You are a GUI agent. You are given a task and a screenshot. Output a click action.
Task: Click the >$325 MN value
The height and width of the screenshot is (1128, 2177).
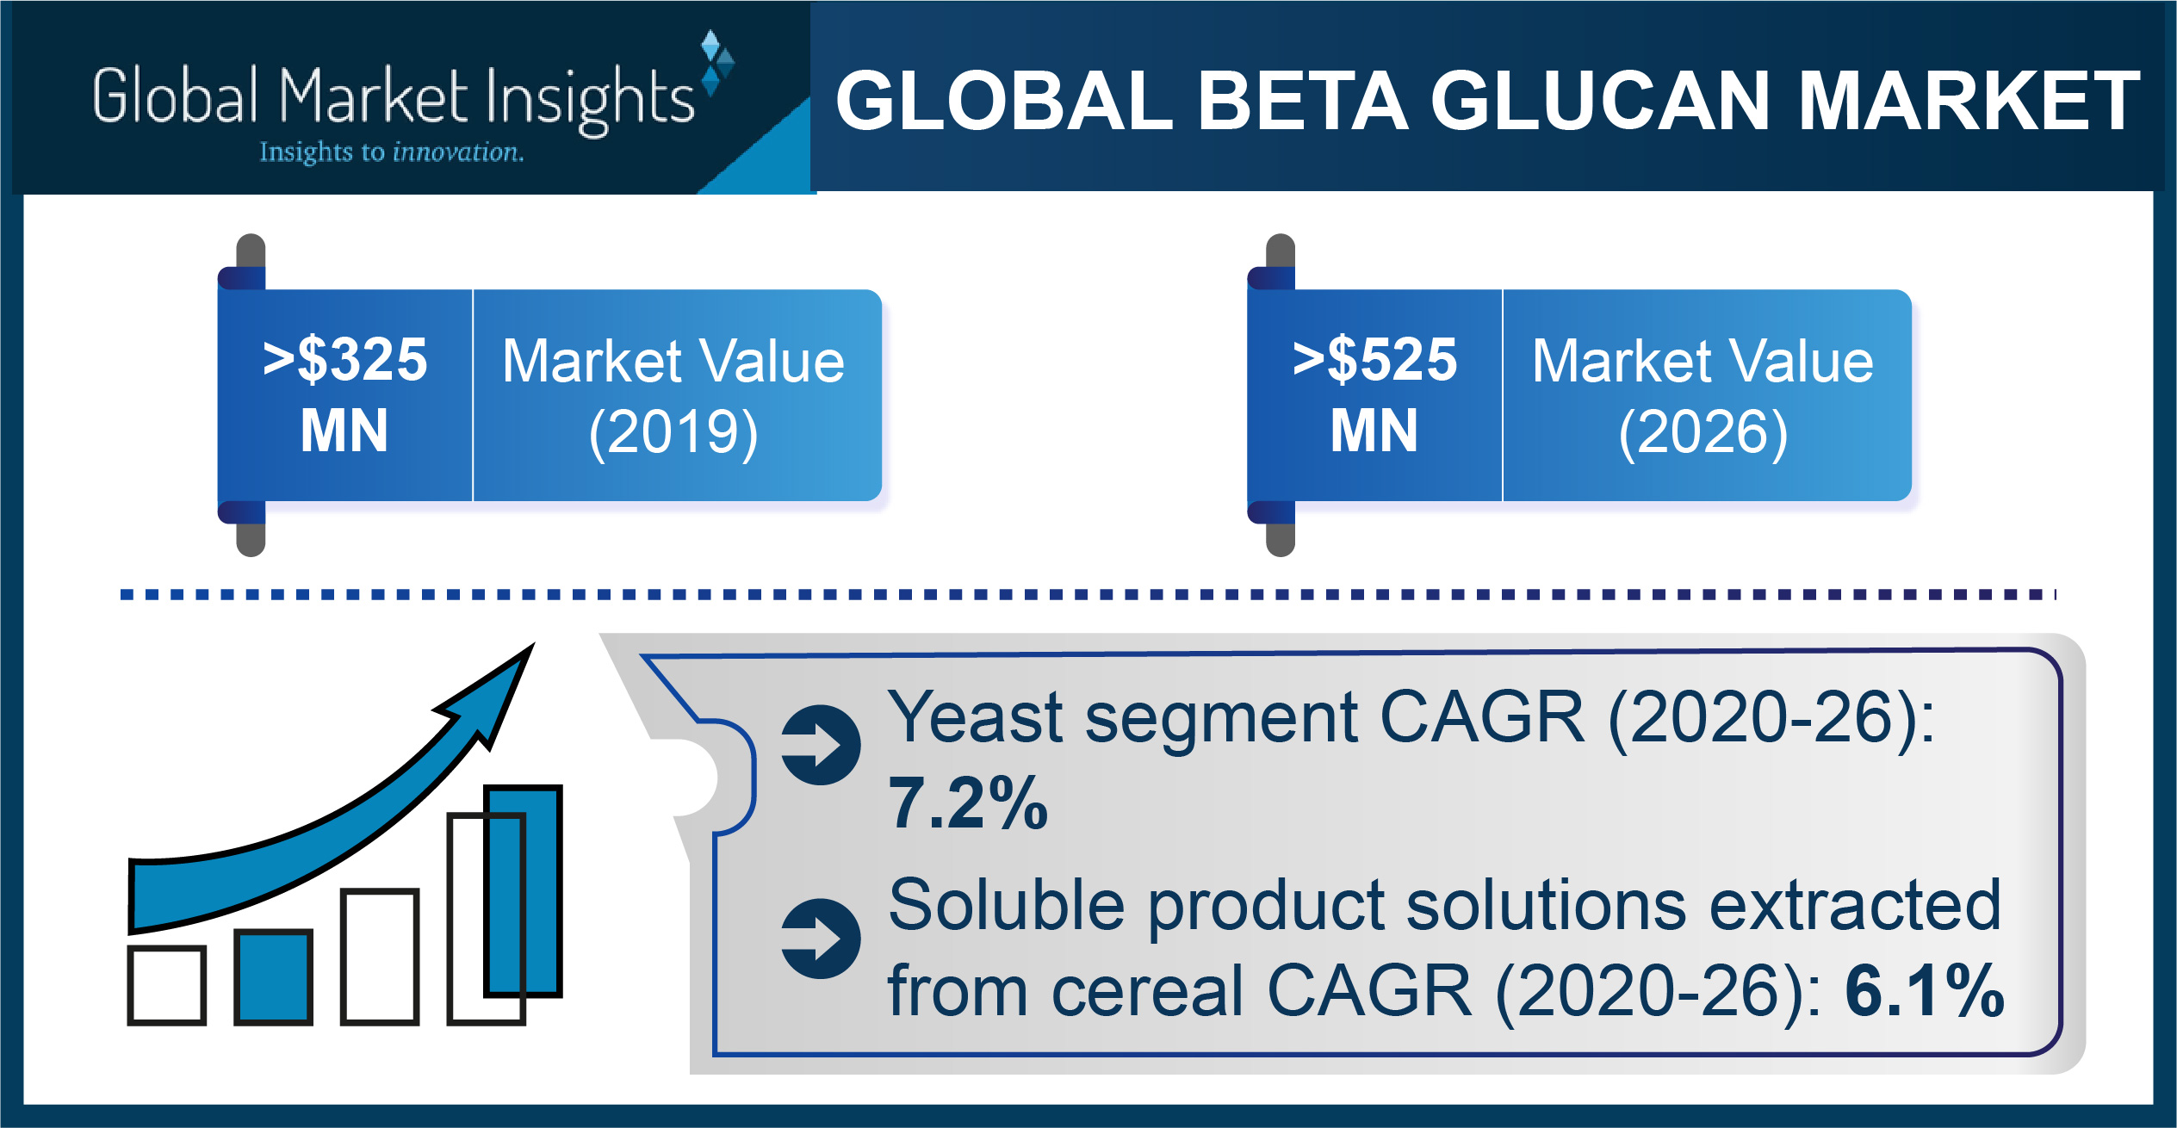tap(344, 394)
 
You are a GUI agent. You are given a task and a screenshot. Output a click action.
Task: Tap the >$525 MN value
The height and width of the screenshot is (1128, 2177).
tap(1374, 394)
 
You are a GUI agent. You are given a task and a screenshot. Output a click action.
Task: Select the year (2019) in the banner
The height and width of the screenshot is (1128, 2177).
tap(673, 432)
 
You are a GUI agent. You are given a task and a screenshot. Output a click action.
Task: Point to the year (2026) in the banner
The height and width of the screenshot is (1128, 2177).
tap(1703, 432)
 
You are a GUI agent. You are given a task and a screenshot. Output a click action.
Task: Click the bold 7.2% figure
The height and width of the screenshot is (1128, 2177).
tap(968, 803)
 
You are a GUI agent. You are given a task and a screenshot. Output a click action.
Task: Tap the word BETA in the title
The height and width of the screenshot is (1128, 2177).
tap(1303, 101)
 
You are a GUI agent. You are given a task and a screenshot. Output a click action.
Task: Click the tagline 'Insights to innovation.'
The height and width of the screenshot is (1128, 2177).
tap(392, 152)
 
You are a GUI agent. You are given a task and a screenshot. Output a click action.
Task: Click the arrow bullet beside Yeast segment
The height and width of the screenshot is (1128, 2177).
tap(821, 745)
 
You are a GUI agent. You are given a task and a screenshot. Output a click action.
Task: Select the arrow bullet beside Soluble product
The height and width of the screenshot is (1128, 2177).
tap(821, 939)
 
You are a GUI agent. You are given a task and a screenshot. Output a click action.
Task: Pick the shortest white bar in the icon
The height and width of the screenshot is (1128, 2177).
tap(167, 985)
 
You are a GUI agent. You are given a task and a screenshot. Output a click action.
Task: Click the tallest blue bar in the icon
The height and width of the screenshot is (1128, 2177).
tap(523, 891)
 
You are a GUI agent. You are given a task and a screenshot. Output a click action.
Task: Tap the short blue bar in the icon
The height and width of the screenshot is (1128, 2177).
tap(273, 977)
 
